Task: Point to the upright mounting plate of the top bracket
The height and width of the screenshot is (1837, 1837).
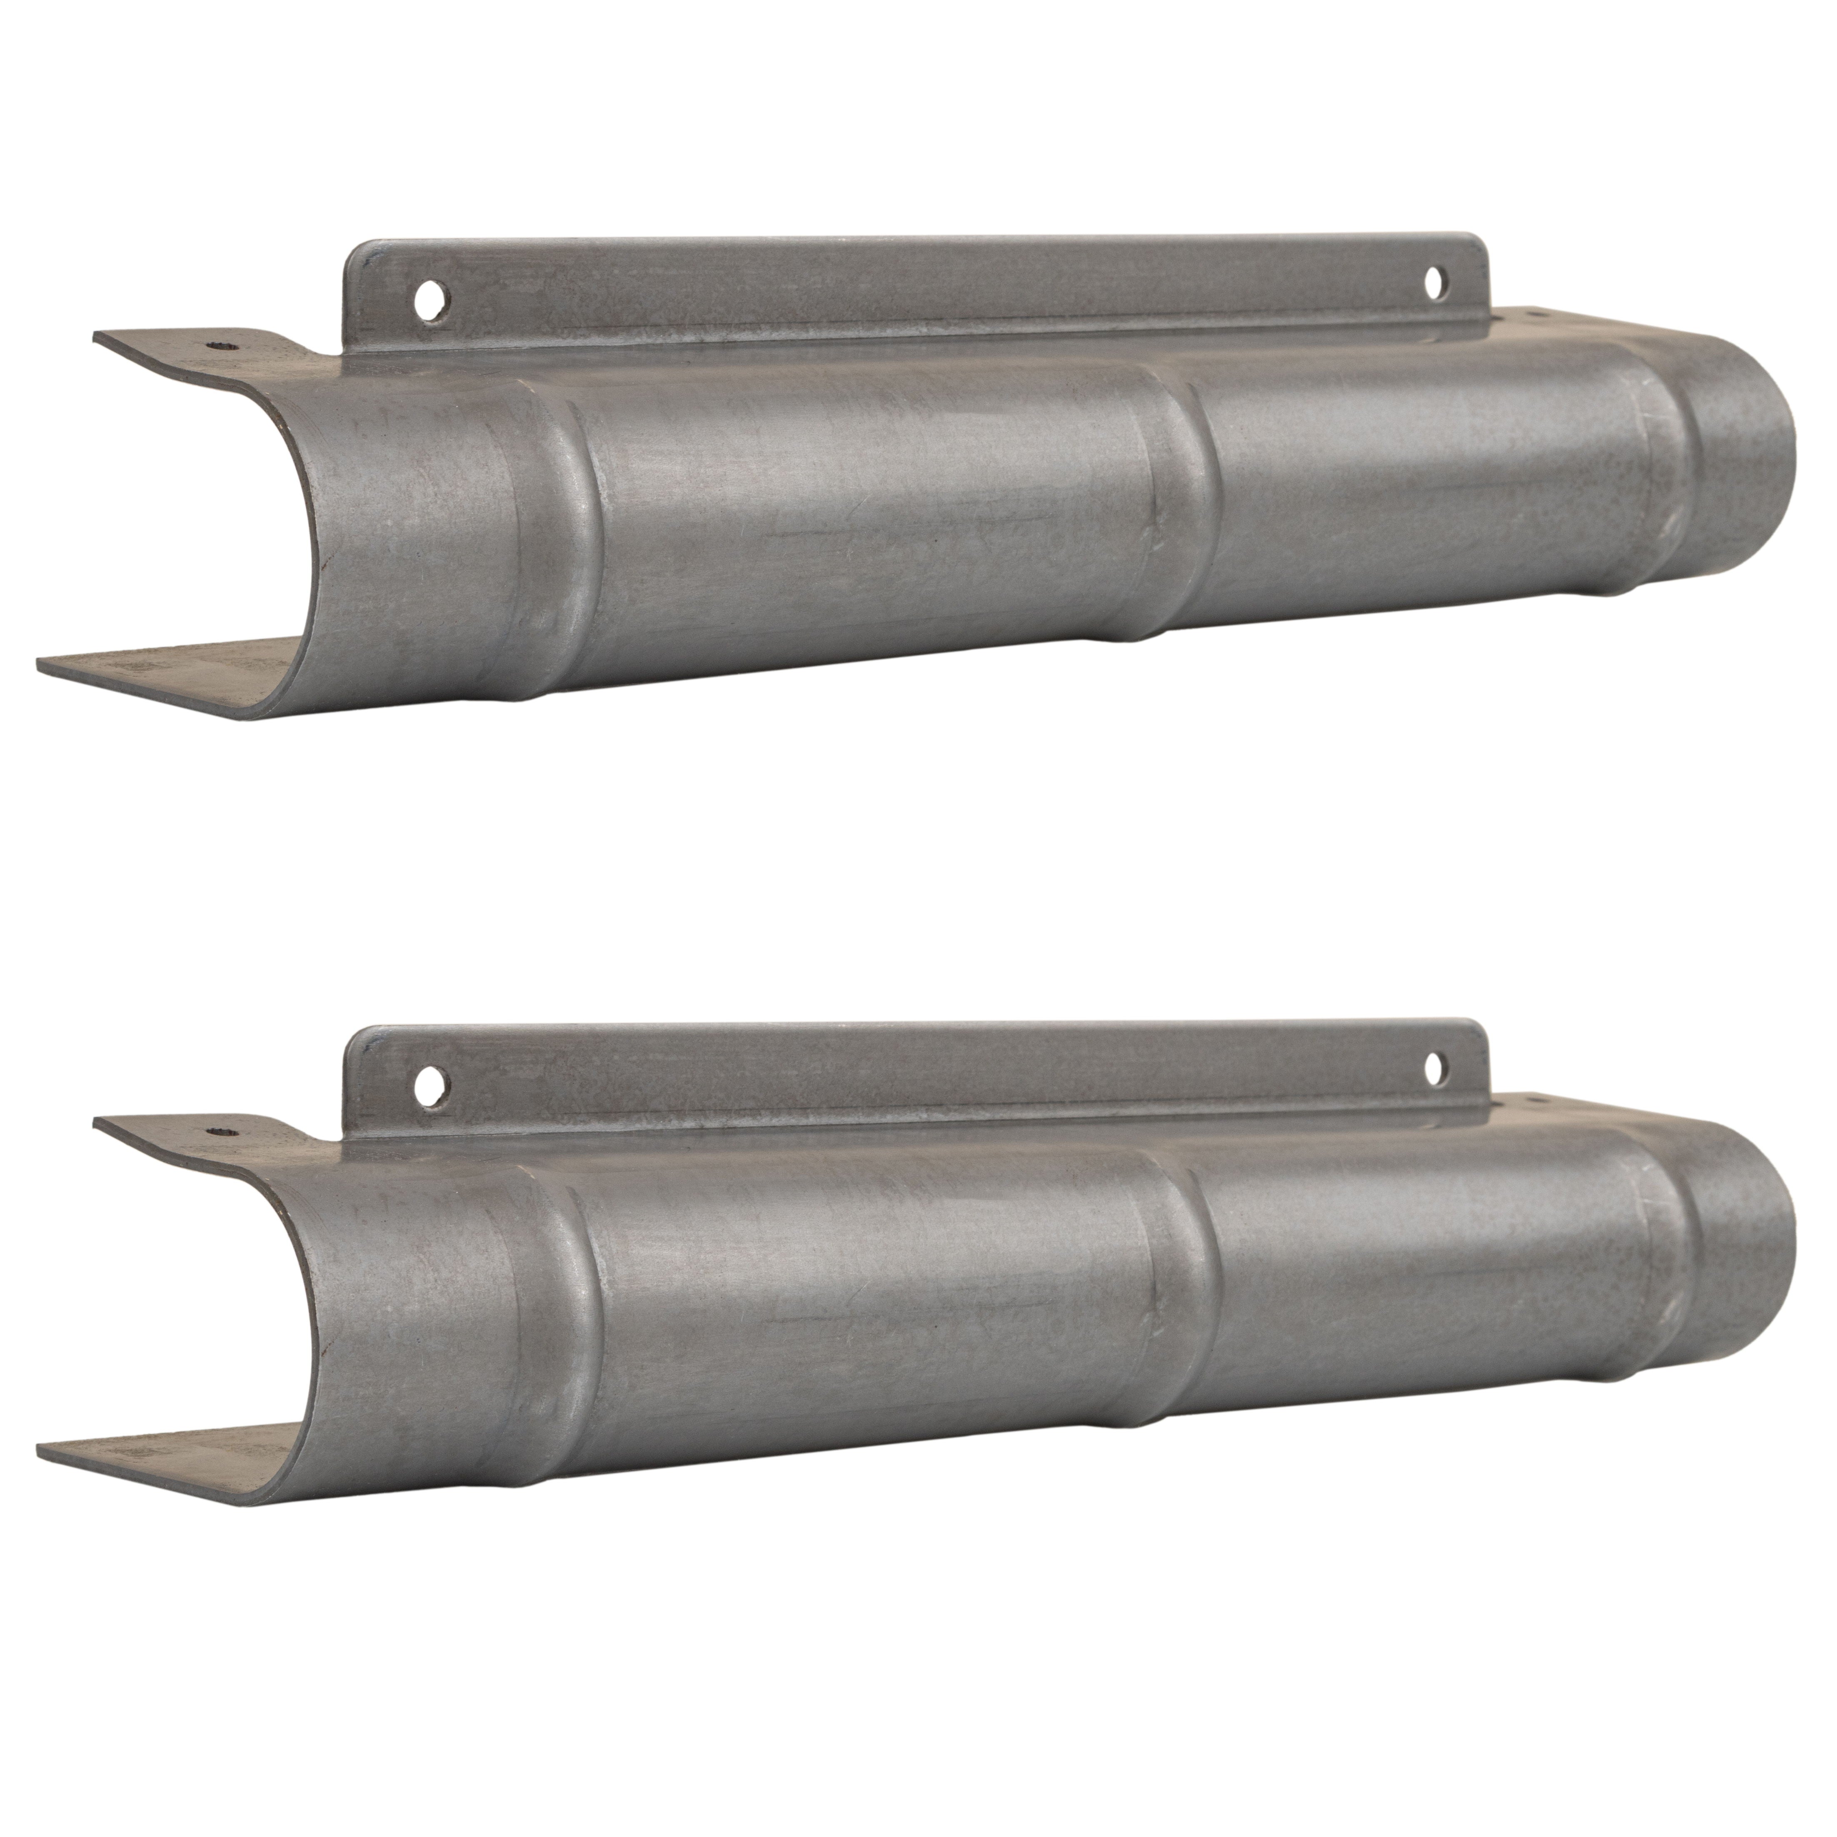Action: tap(913, 285)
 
